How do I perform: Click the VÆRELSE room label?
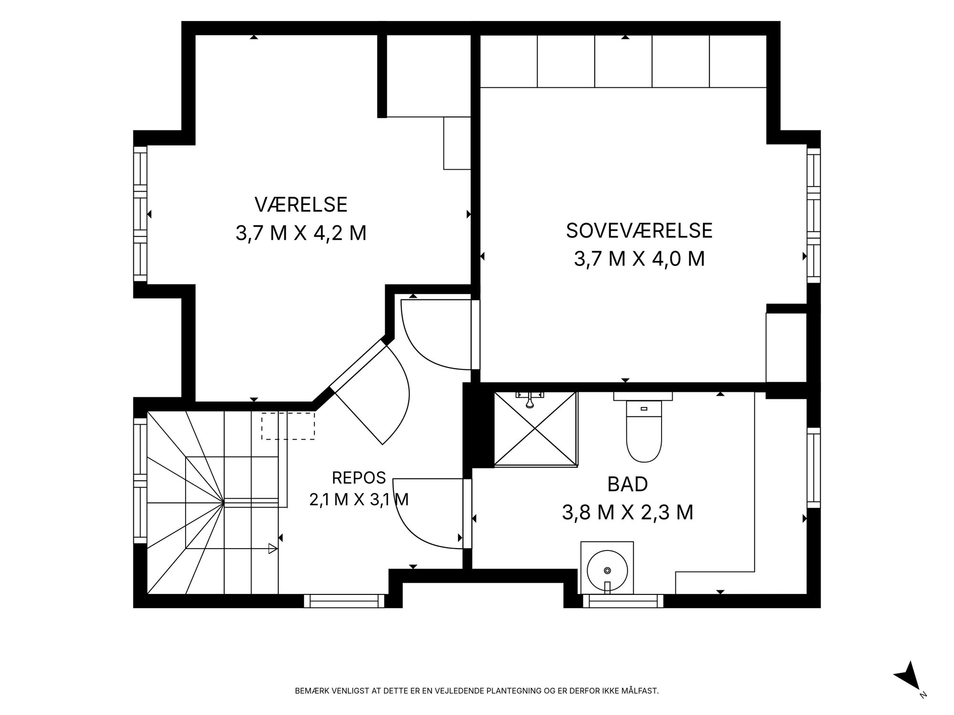301,204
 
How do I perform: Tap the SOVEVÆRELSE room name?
639,231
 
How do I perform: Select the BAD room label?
627,484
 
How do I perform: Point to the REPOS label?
359,477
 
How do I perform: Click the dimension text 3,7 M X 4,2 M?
301,234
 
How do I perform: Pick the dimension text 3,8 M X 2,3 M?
627,513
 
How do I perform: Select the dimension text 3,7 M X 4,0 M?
639,259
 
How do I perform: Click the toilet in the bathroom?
643,427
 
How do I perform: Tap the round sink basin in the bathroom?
607,570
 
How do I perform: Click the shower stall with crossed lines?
536,428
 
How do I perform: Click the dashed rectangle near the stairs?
288,426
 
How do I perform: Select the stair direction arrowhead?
273,549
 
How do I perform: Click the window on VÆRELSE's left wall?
140,214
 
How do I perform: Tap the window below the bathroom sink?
623,601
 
